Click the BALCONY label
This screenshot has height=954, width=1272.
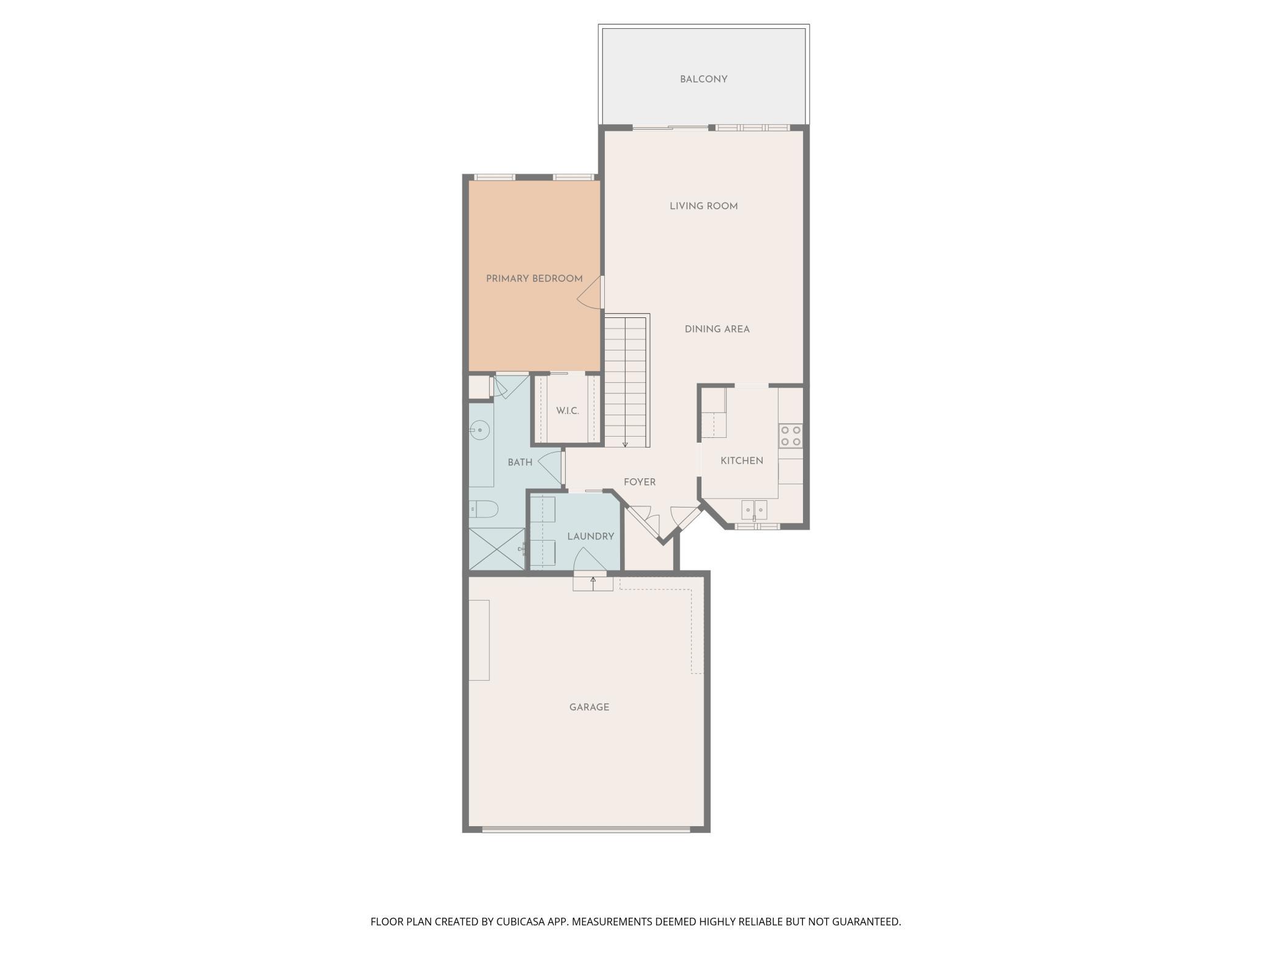pyautogui.click(x=703, y=79)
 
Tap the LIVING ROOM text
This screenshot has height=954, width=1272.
pyautogui.click(x=703, y=206)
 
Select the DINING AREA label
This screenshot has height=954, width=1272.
pyautogui.click(x=717, y=329)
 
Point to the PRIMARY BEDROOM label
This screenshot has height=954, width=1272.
pyautogui.click(x=534, y=279)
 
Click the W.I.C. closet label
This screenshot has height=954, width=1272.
pyautogui.click(x=567, y=411)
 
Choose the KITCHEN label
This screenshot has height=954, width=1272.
pyautogui.click(x=741, y=460)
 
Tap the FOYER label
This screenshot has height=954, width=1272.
pyautogui.click(x=639, y=482)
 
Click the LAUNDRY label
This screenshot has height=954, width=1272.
pyautogui.click(x=590, y=536)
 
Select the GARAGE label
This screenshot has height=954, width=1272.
pyautogui.click(x=589, y=707)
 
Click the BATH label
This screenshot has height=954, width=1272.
pyautogui.click(x=520, y=462)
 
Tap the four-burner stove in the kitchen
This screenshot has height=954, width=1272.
pyautogui.click(x=791, y=436)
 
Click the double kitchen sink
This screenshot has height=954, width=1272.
pyautogui.click(x=754, y=509)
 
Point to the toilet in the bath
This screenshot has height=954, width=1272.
pyautogui.click(x=484, y=509)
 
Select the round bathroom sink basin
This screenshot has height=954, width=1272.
pyautogui.click(x=481, y=431)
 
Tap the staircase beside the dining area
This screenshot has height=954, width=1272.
pyautogui.click(x=625, y=382)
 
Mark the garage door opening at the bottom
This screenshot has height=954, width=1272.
pyautogui.click(x=586, y=830)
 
